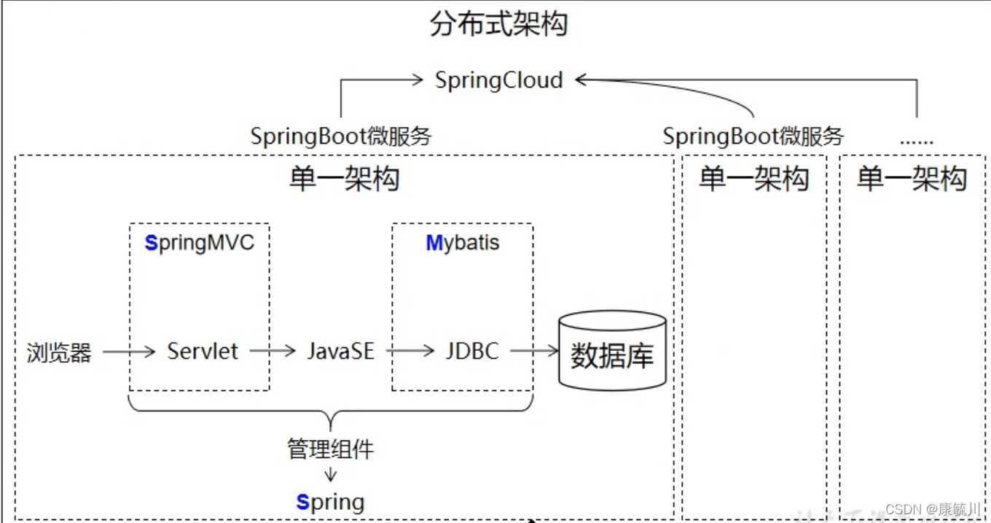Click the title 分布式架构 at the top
point(498,24)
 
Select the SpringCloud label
point(499,80)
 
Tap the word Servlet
point(203,352)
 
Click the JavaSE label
point(340,352)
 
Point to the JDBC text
point(472,352)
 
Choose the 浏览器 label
point(59,353)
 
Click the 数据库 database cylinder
point(612,352)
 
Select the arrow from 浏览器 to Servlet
point(129,352)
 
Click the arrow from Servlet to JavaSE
point(273,352)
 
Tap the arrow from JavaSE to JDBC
point(410,352)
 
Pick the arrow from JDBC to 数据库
point(534,352)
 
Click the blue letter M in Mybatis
point(434,243)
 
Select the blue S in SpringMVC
point(152,243)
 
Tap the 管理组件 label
point(330,449)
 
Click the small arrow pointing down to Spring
point(331,474)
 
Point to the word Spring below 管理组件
point(330,502)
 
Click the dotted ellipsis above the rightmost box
point(916,139)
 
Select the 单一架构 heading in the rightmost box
point(912,179)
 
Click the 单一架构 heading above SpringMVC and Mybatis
point(344,179)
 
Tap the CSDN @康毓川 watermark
point(933,508)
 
